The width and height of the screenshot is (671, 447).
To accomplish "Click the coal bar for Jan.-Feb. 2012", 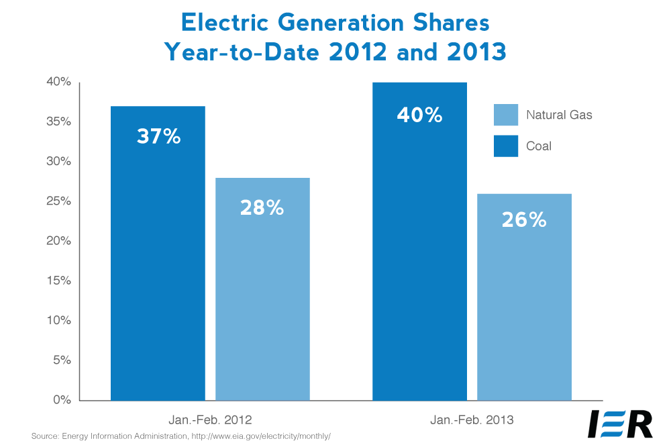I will (158, 268).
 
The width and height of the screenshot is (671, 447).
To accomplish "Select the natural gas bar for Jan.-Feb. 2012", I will (262, 302).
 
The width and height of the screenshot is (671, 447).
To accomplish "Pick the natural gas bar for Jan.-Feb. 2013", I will (524, 309).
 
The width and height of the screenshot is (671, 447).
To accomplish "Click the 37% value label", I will (158, 137).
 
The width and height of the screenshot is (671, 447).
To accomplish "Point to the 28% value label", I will (262, 207).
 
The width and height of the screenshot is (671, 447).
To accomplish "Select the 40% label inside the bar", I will (419, 115).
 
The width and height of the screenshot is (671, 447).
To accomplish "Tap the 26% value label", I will (524, 219).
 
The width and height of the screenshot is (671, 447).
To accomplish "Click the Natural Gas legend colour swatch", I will (506, 115).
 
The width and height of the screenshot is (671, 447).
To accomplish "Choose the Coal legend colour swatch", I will (506, 145).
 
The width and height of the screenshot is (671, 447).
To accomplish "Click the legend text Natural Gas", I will (559, 115).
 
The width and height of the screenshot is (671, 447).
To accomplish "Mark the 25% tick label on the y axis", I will (59, 201).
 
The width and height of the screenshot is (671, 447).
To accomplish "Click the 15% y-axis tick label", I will (59, 281).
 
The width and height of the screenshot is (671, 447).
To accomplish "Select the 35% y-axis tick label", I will (59, 122).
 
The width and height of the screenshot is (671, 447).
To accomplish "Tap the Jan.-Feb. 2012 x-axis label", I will (210, 420).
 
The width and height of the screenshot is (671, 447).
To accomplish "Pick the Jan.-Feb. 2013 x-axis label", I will (472, 420).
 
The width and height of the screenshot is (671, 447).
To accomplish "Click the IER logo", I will (620, 424).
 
